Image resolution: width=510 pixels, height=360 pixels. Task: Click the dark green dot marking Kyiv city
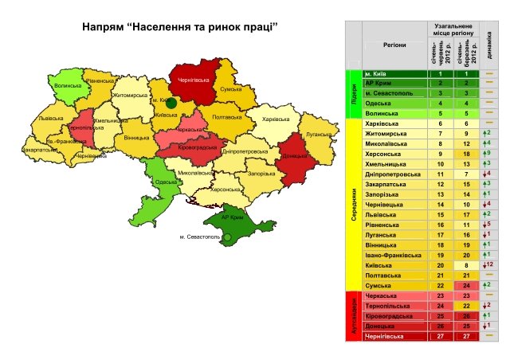(x=171, y=103)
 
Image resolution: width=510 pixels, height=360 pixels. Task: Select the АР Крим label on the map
(x=231, y=217)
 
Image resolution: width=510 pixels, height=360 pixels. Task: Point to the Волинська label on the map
(x=69, y=85)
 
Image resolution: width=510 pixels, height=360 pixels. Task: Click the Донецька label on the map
(x=296, y=156)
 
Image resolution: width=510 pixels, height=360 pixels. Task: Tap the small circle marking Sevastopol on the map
(x=226, y=237)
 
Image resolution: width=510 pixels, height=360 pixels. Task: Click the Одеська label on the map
(x=166, y=182)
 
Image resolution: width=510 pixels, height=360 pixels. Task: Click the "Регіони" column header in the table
(x=387, y=47)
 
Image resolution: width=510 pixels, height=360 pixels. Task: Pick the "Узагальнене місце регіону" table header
(x=451, y=31)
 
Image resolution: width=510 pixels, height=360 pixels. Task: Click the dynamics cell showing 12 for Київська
(x=489, y=264)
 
